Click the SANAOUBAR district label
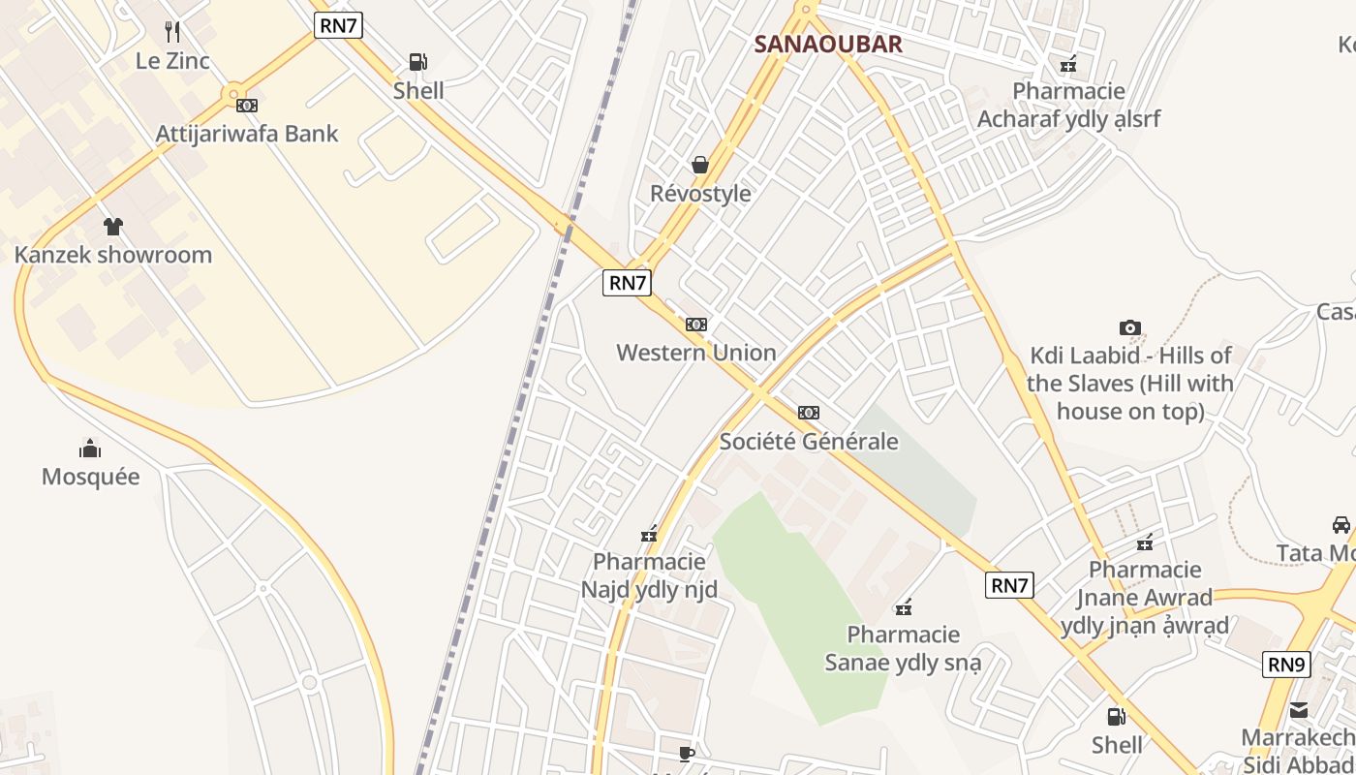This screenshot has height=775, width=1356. (828, 44)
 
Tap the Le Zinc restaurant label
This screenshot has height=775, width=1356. (172, 61)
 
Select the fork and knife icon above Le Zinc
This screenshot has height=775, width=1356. (172, 32)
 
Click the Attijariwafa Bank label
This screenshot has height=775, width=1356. (247, 134)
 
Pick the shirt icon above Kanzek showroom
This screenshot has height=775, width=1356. (113, 227)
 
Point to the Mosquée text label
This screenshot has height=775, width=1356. (90, 477)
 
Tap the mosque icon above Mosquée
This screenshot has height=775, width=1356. (90, 448)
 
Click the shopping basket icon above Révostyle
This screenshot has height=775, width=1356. (700, 165)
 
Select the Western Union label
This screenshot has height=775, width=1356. (696, 353)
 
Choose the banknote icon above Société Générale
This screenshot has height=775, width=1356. (809, 413)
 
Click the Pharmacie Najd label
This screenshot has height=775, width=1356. (649, 575)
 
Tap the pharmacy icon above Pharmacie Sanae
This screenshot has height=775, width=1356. (904, 607)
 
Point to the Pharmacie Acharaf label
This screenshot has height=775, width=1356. (1068, 105)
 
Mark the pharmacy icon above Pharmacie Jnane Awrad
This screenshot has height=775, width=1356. (1145, 542)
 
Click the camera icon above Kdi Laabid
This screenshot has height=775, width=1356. (1129, 327)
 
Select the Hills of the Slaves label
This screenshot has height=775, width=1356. (1130, 384)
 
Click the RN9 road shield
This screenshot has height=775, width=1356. (1287, 665)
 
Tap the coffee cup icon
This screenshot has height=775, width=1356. (687, 753)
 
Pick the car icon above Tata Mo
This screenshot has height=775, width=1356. (1341, 525)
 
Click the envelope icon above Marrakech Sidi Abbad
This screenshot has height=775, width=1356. (1298, 710)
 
